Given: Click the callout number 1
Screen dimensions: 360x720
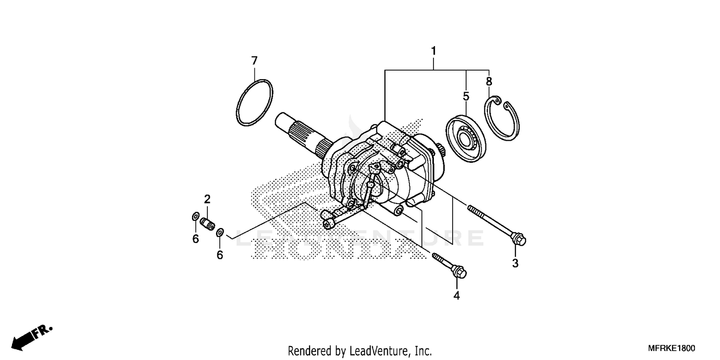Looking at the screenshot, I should click(x=433, y=50).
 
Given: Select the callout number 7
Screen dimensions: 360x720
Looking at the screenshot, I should click(x=254, y=61).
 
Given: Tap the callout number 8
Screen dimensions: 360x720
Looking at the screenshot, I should click(x=489, y=82).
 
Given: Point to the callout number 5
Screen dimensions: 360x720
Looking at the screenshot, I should click(x=466, y=96).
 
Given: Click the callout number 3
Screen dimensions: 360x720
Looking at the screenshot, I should click(x=515, y=263).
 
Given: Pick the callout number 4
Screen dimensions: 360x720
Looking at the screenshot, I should click(x=456, y=296).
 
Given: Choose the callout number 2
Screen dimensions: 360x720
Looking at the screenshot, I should click(x=207, y=199).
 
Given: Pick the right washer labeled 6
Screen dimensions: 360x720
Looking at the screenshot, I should click(x=219, y=233).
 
